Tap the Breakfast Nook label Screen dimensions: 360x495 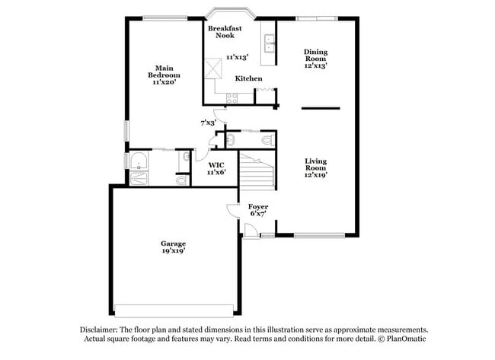(x=225, y=32)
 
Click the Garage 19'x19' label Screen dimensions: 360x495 (x=173, y=247)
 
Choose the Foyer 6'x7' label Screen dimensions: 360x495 (x=258, y=210)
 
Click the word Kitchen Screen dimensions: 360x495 (x=248, y=78)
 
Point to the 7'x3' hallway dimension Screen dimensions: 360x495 (x=208, y=122)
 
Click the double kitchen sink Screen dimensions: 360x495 (x=269, y=43)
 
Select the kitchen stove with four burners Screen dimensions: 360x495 (x=233, y=97)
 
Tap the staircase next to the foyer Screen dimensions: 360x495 (x=257, y=171)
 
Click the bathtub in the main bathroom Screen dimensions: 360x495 (x=139, y=161)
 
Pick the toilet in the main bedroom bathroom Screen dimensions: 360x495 (x=180, y=181)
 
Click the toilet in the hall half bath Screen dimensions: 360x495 (x=266, y=140)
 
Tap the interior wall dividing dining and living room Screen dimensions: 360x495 (x=320, y=109)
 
